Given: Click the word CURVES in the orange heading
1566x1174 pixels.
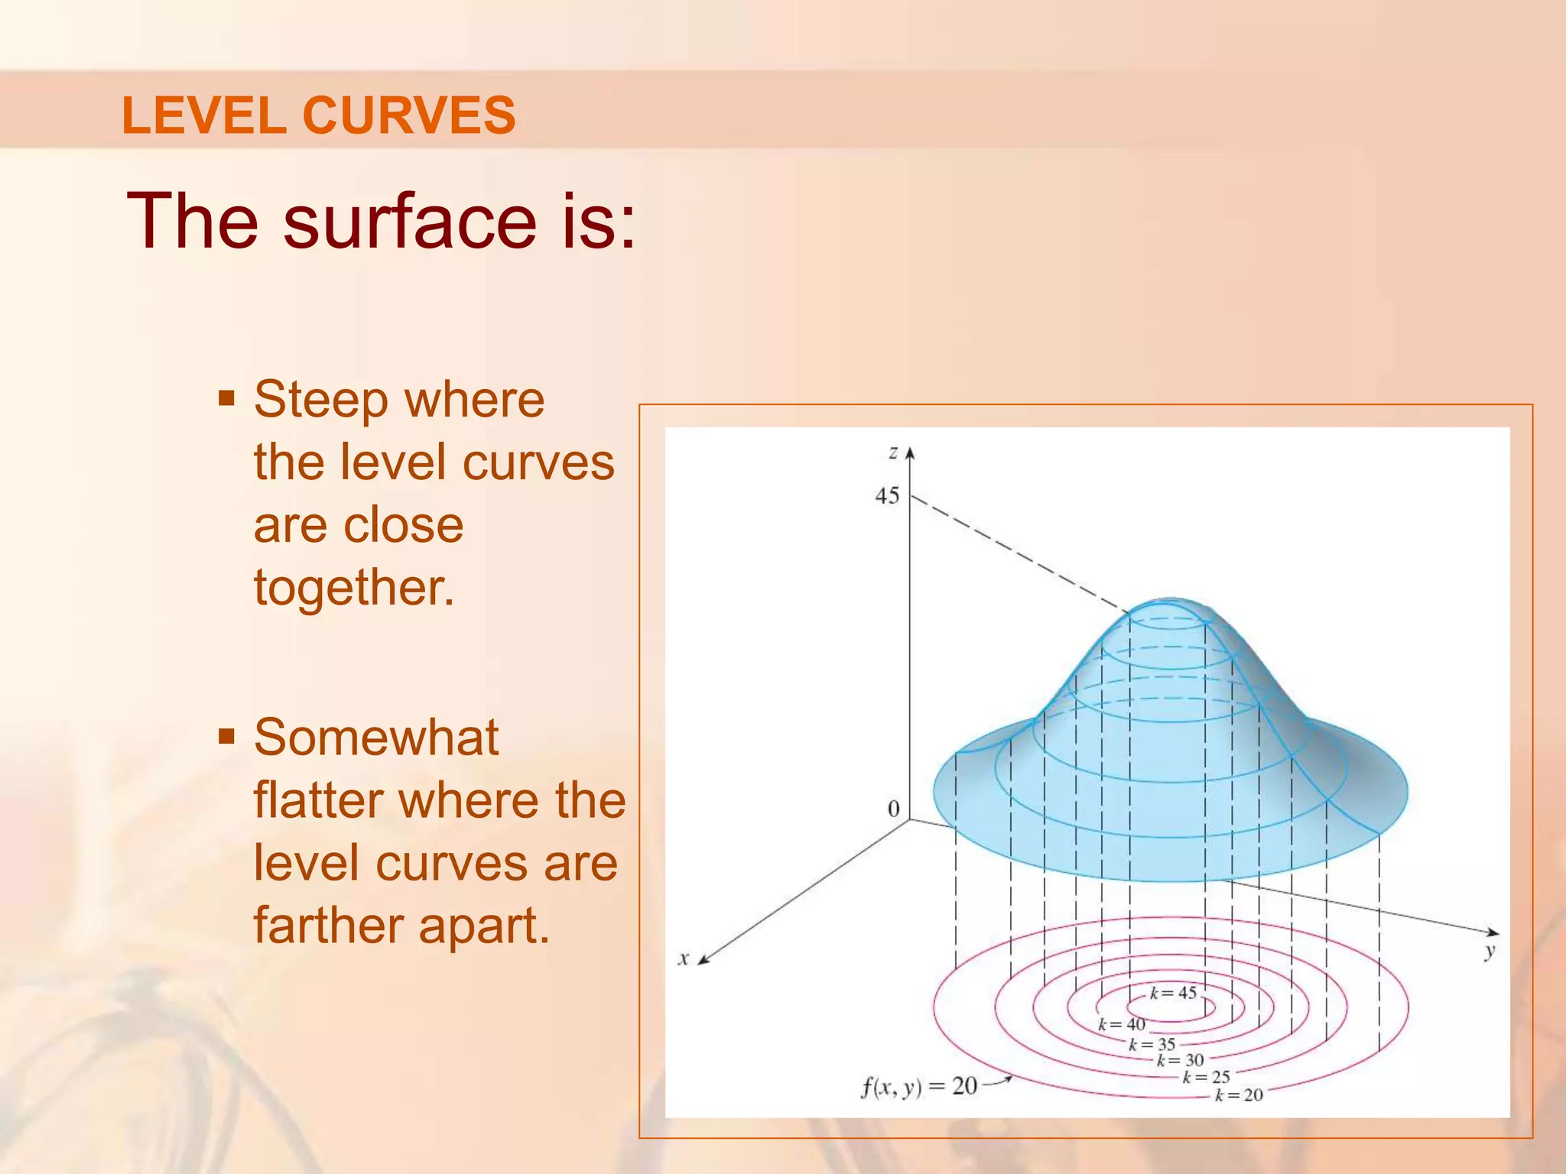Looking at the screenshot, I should point(409,116).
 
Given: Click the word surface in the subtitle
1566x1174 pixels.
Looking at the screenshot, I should point(410,222).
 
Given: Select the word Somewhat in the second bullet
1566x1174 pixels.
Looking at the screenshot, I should point(376,738).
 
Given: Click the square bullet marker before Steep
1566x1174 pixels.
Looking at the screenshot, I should point(226,398).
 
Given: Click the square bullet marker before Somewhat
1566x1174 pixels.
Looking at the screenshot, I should point(226,737).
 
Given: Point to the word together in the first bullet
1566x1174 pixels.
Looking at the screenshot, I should point(354,589).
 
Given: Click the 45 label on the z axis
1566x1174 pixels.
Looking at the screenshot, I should point(887,496).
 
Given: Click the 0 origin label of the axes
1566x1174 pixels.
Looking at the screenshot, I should point(893,809).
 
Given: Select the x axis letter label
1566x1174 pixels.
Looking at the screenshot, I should point(684,958).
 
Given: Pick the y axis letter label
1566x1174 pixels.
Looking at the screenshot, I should point(1489,952).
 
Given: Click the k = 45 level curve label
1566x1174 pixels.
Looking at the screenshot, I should point(1173,993).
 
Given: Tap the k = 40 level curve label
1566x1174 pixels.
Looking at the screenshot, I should point(1122,1024).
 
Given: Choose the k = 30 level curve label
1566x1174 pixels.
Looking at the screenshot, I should point(1180,1060).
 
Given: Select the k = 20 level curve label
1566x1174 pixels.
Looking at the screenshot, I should point(1239,1095).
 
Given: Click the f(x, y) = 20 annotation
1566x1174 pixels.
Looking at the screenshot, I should point(919,1086).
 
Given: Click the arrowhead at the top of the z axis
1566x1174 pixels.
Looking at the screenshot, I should point(910,453).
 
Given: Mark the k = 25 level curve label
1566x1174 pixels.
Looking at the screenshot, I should point(1207,1077).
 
